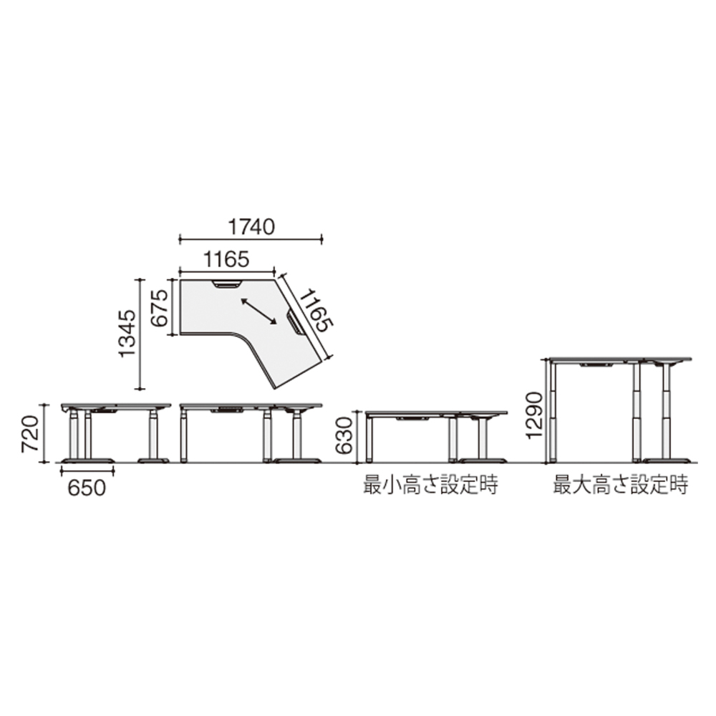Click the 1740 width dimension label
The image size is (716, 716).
pyautogui.click(x=251, y=227)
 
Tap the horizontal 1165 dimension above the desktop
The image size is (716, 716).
pyautogui.click(x=226, y=259)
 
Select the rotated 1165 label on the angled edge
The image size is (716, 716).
pyautogui.click(x=316, y=311)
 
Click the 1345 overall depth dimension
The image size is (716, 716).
pyautogui.click(x=127, y=334)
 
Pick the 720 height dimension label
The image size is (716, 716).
pyautogui.click(x=31, y=433)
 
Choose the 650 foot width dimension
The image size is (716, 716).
pyautogui.click(x=87, y=488)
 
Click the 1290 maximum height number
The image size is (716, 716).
pyautogui.click(x=534, y=415)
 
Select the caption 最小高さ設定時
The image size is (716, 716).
pyautogui.click(x=430, y=485)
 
